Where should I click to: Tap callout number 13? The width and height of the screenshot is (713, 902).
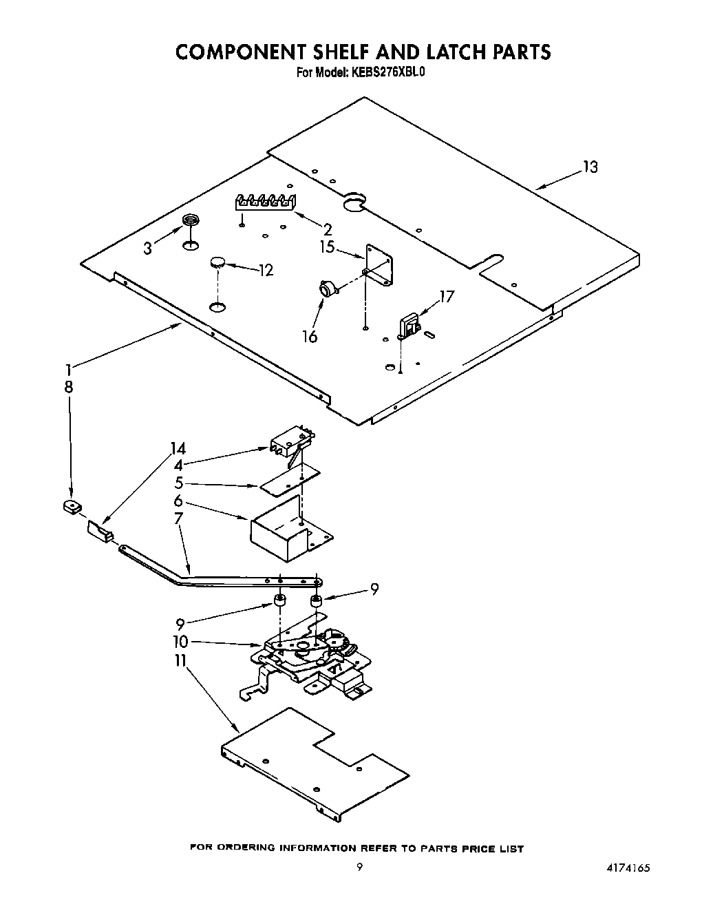[590, 167]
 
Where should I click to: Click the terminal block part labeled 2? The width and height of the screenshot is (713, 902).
[266, 202]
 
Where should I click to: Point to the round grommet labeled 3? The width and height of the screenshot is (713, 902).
[191, 220]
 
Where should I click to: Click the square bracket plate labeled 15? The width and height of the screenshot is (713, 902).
[379, 262]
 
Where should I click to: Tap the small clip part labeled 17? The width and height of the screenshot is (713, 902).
[409, 326]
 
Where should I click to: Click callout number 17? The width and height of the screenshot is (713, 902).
[447, 297]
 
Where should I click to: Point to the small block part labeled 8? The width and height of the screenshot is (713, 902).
[69, 508]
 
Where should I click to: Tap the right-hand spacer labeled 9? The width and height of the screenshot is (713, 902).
[317, 602]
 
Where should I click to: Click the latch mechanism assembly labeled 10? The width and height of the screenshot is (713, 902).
[310, 654]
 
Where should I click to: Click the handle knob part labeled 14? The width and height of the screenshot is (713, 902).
[98, 532]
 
